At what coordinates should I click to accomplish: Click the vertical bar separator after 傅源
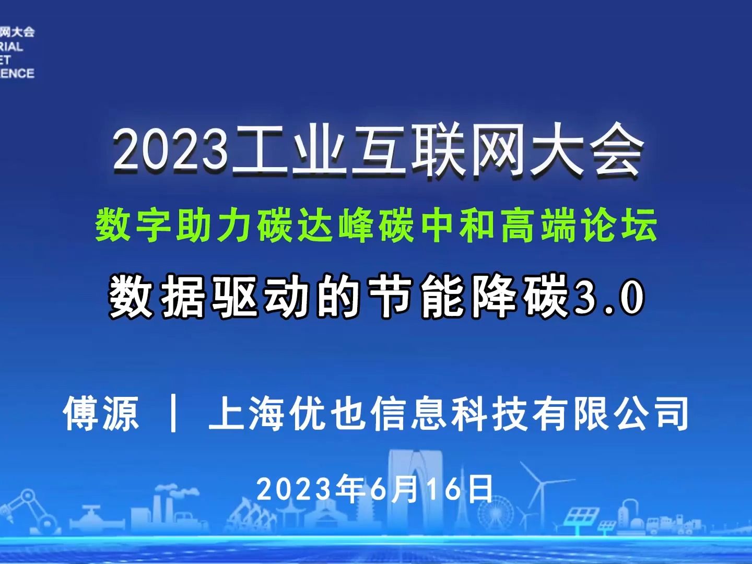pos(173,414)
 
